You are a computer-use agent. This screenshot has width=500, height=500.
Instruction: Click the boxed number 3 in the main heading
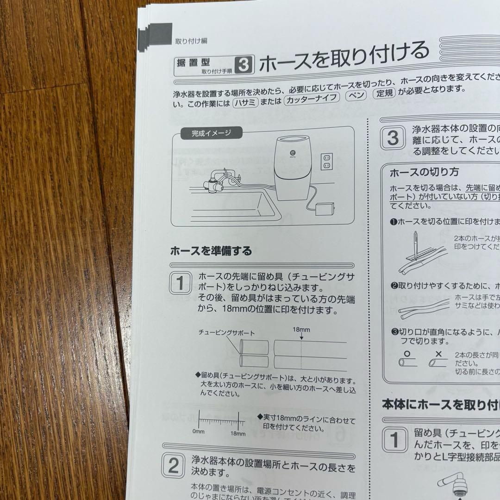(x=244, y=66)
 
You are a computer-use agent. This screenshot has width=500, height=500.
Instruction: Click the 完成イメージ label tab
(x=211, y=134)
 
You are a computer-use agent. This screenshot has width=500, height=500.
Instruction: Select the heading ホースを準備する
(x=211, y=251)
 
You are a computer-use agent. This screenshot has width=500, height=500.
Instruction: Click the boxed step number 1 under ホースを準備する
(x=180, y=283)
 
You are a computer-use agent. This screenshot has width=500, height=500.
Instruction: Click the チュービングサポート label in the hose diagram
(x=226, y=332)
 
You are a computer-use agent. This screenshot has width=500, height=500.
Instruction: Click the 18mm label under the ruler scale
(x=237, y=433)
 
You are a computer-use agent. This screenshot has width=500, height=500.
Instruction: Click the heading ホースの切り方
(x=424, y=172)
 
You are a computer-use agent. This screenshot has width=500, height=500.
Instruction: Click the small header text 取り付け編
(x=191, y=41)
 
